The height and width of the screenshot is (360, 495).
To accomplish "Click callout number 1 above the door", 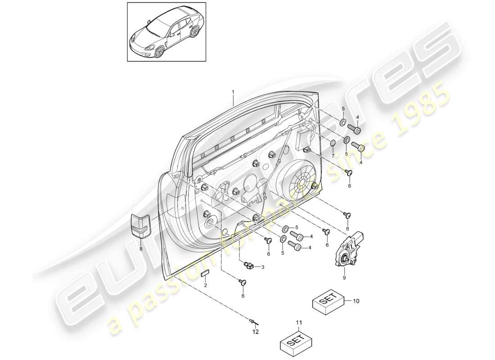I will tap(233, 92).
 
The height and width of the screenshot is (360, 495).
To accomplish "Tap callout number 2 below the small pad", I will tap(206, 286).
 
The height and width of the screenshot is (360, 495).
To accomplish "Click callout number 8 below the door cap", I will tap(140, 248).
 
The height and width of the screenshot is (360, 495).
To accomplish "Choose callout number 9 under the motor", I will tap(345, 279).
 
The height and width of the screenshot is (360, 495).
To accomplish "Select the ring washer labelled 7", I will tap(333, 144).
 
